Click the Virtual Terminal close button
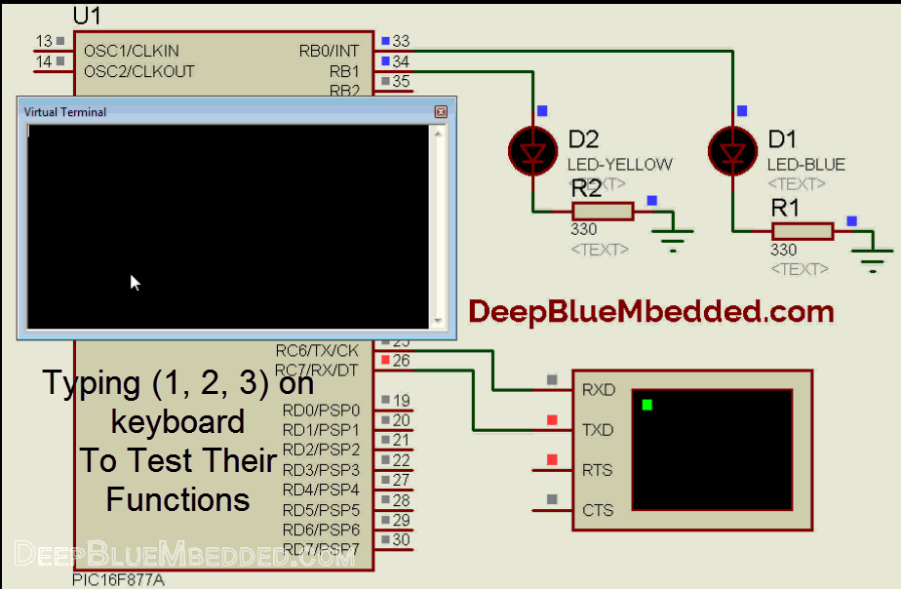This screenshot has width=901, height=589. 441,112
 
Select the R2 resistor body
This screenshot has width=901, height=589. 603,211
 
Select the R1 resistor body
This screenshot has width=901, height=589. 803,230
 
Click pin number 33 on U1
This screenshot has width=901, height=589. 401,42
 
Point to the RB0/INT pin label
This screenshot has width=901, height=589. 329,51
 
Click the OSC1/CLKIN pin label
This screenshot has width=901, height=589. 131,51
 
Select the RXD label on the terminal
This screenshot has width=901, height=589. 598,390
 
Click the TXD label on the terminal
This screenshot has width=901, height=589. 598,430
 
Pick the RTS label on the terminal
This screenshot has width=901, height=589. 597,470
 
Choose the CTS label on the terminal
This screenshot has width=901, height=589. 597,510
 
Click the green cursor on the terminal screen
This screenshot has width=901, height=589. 646,404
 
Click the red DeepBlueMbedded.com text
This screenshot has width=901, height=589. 651,312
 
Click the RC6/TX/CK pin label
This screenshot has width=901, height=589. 317,350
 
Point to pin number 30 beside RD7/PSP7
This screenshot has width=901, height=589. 401,540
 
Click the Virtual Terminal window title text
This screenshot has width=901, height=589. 64,112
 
